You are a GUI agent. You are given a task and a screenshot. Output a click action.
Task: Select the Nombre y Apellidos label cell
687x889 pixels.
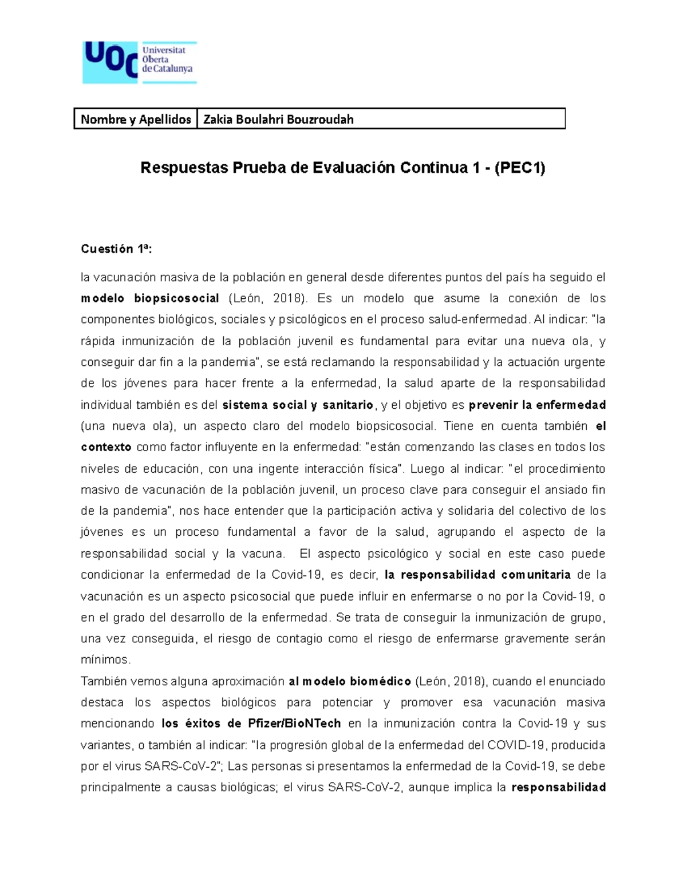coord(136,119)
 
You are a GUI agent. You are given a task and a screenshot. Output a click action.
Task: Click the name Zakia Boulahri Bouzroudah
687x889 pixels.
coord(278,119)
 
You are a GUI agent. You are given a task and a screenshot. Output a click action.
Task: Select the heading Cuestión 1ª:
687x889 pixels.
coord(117,249)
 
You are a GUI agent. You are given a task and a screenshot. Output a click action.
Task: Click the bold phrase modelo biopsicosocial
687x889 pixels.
coord(150,298)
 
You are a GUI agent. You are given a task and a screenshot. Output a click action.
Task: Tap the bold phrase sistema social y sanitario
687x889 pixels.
coord(298,405)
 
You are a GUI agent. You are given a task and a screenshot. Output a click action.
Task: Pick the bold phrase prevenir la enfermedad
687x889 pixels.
coord(537,405)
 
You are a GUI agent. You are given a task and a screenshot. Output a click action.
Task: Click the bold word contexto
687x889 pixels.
coord(106,447)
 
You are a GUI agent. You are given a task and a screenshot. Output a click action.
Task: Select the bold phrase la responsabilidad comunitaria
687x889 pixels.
coord(477,575)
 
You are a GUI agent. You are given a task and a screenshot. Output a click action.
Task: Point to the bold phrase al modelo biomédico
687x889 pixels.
coord(350,681)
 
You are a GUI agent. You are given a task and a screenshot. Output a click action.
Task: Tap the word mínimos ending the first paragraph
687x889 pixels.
coord(105,660)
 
